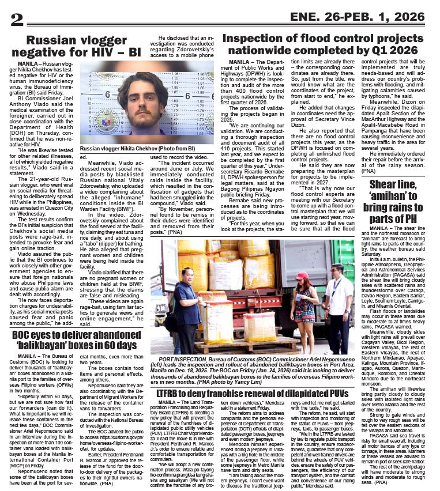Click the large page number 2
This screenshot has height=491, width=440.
tap(17, 18)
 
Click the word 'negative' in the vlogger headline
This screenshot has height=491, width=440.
tap(55, 53)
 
